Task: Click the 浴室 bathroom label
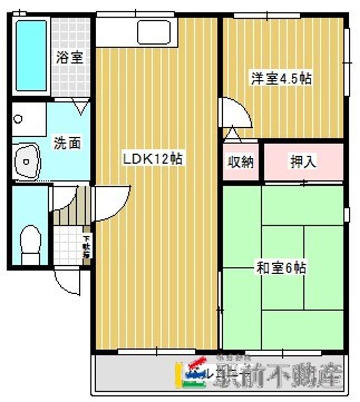point(69,57)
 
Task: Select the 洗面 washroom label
point(67,143)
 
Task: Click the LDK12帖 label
point(154,159)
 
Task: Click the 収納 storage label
point(240,162)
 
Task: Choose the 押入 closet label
point(303,162)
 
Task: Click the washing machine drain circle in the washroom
point(18,119)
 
